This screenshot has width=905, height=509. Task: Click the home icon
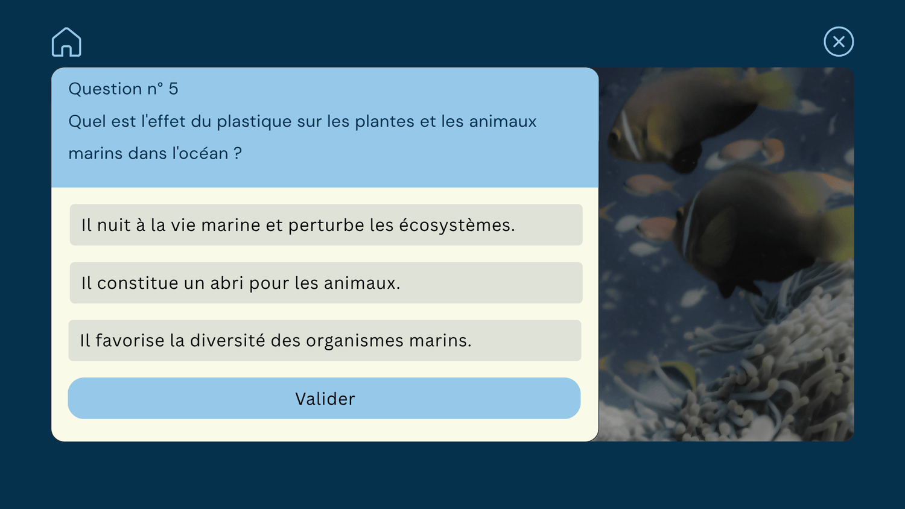66,42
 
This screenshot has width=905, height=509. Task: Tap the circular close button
839,42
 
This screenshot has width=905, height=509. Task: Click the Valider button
325,398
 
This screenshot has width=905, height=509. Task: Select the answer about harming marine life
326,224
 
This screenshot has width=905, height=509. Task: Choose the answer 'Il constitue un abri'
326,283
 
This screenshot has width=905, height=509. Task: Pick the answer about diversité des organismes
325,341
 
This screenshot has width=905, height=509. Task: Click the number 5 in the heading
173,89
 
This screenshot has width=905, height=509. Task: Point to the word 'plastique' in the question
254,122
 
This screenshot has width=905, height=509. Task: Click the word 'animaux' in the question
503,122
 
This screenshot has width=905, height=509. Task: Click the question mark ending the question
238,154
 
